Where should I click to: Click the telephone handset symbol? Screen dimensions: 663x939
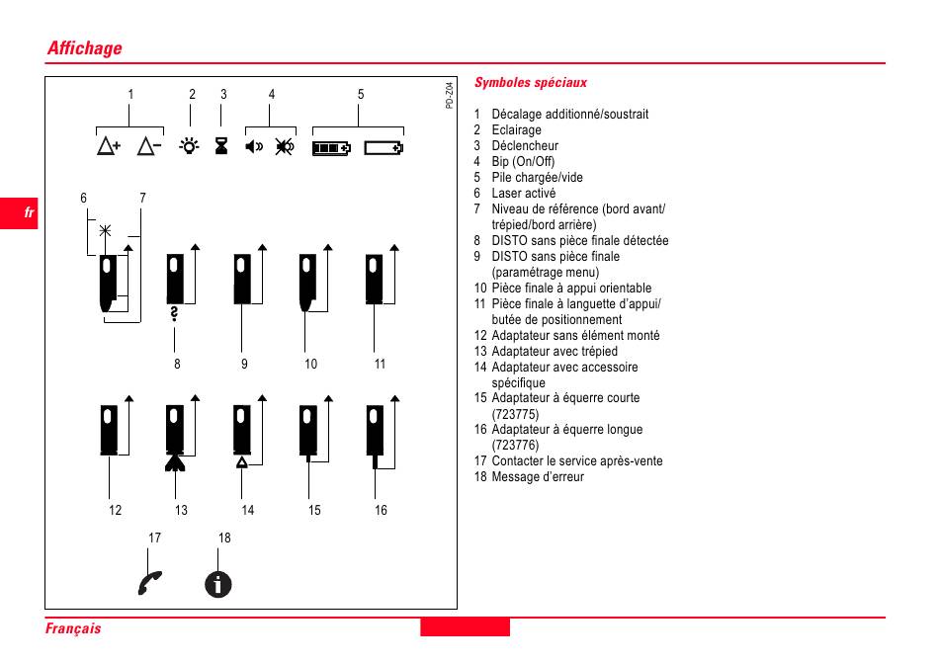click(150, 583)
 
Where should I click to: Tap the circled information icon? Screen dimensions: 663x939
click(218, 584)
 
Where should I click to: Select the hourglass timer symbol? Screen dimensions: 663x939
click(221, 148)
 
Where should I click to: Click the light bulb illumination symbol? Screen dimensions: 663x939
click(187, 147)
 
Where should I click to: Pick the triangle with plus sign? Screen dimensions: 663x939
click(109, 147)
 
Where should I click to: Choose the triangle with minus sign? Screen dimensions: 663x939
click(149, 147)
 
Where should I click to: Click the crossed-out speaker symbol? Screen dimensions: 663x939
click(284, 147)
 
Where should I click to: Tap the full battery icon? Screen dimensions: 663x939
click(331, 148)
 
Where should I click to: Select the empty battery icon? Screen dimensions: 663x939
click(384, 148)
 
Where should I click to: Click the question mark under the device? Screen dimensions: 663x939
click(175, 314)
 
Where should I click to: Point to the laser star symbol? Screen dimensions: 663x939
click(105, 231)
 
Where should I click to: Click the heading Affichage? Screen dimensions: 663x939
click(85, 48)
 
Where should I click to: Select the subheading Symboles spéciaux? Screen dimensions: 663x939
click(531, 83)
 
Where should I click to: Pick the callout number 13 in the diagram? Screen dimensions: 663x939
click(181, 510)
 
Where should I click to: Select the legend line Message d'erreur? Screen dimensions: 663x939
click(538, 477)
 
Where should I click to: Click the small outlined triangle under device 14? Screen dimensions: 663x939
click(242, 461)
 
